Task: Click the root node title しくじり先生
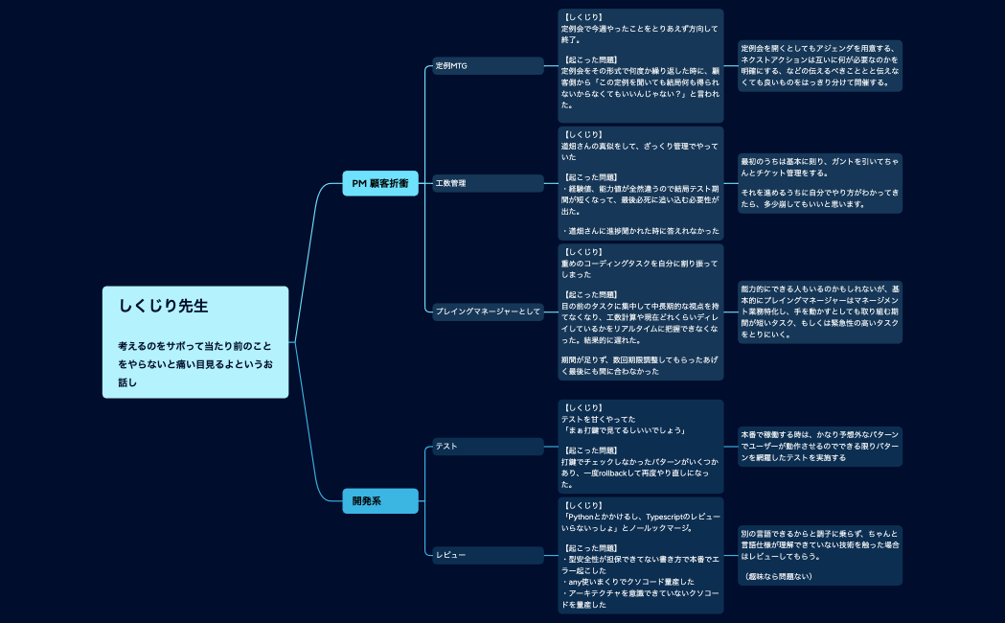(164, 307)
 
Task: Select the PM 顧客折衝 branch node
(380, 183)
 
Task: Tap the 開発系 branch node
(380, 500)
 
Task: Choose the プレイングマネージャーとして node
(488, 311)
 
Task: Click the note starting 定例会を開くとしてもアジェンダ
(820, 65)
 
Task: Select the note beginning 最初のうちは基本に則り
(820, 183)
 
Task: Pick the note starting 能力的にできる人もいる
(820, 311)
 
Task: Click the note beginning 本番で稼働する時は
(820, 446)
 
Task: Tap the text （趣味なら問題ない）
(778, 576)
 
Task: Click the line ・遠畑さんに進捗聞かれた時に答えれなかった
(640, 231)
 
